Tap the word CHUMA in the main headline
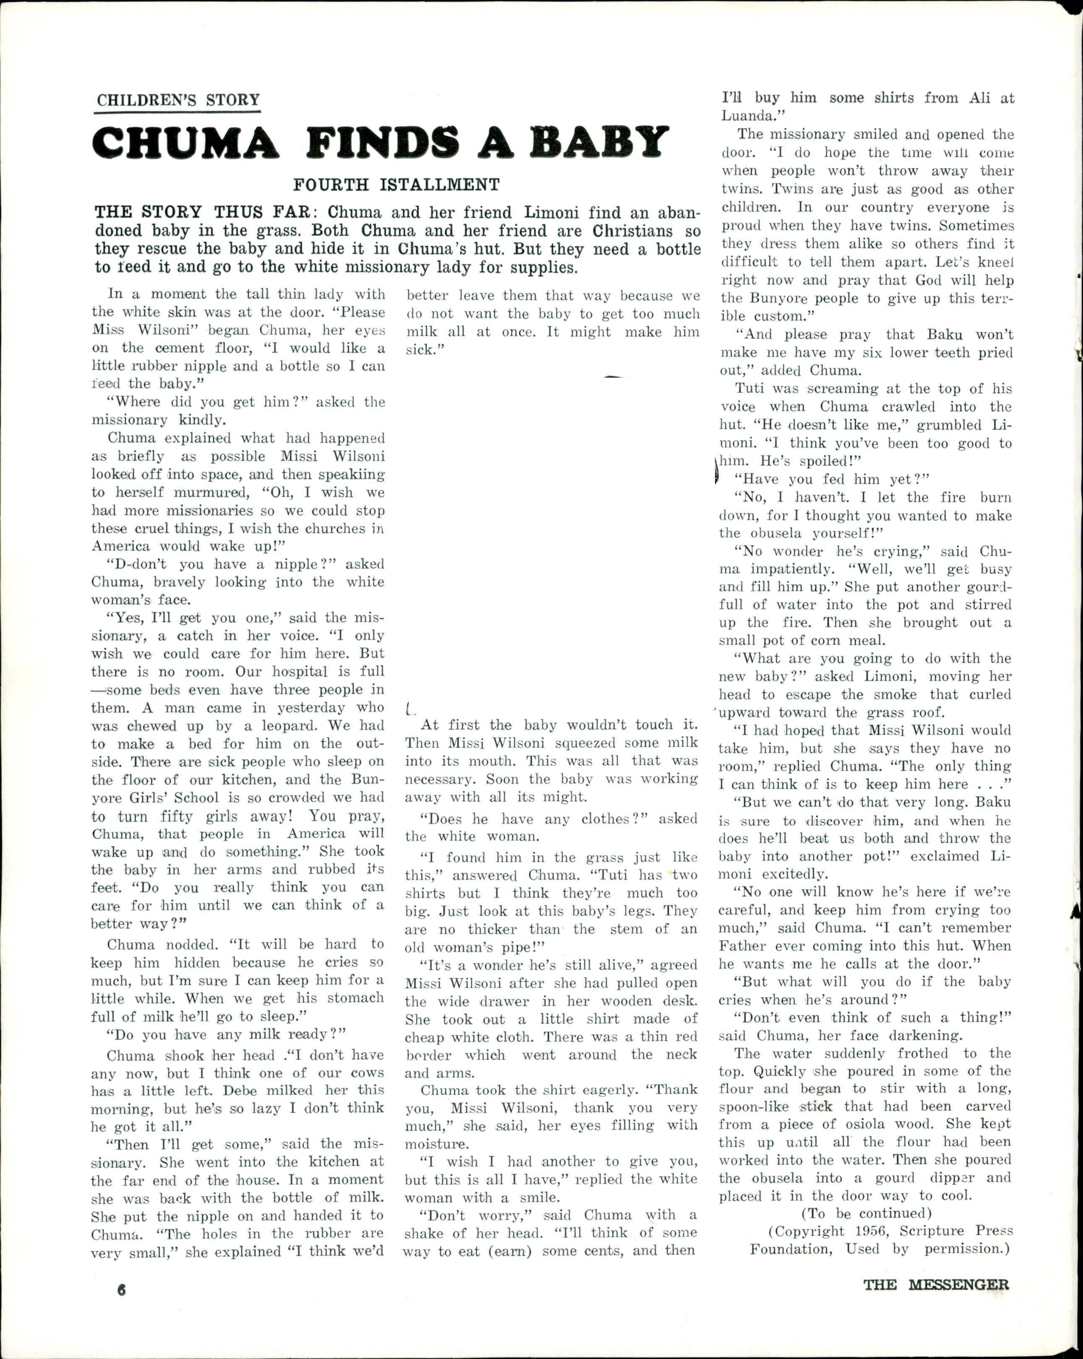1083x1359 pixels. (183, 144)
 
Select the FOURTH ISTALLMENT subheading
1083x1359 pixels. (396, 185)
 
